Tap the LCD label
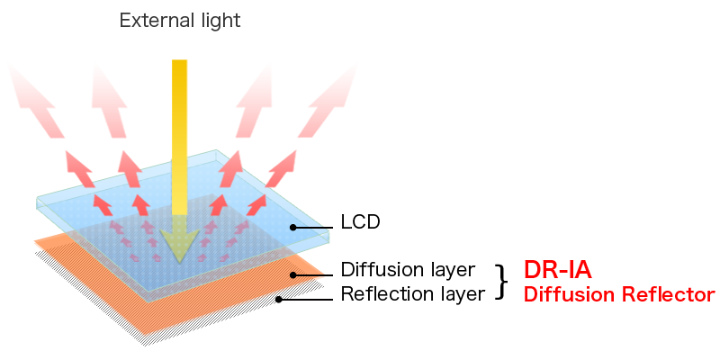(x=360, y=220)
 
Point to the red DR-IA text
(x=557, y=270)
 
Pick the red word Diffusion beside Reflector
(x=569, y=293)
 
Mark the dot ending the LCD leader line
(x=292, y=227)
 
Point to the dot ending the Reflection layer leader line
(x=279, y=299)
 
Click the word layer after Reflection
(x=463, y=292)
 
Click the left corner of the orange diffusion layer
(x=36, y=240)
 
